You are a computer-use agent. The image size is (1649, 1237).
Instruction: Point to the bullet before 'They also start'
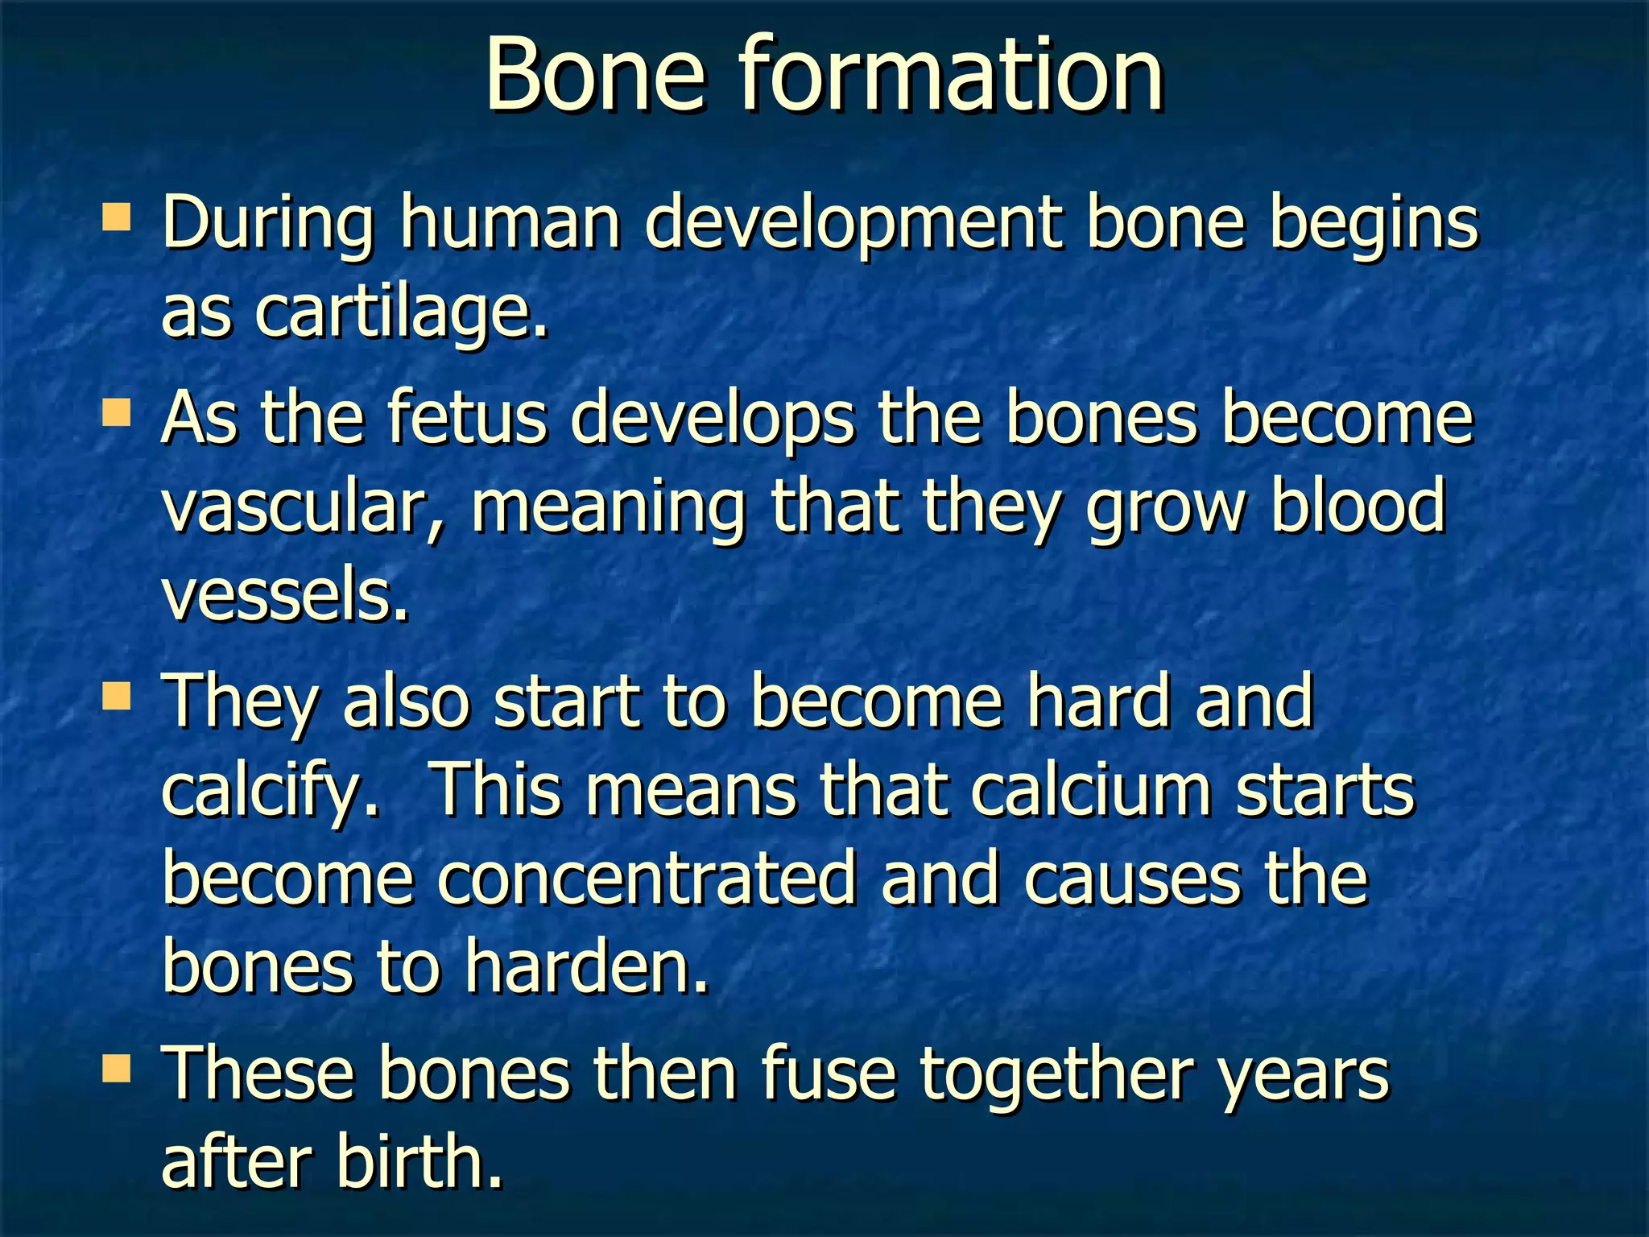click(117, 697)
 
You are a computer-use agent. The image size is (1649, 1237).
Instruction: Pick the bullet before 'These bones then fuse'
click(117, 1069)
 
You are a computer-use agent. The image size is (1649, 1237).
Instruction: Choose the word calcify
click(270, 791)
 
